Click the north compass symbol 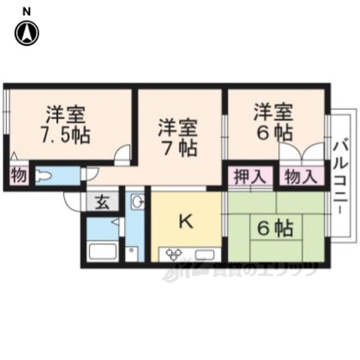tap(27, 33)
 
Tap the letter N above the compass tap(26, 11)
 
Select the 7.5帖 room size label tap(66, 136)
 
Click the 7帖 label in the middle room tap(179, 148)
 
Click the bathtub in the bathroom tap(102, 251)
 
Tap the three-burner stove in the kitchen tap(174, 254)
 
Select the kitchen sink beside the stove tap(205, 255)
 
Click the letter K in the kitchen tap(186, 222)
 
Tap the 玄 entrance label tap(102, 202)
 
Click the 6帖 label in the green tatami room tap(276, 228)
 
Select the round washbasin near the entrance tap(137, 201)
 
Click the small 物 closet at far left tap(19, 176)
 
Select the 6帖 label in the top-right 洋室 tap(274, 133)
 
